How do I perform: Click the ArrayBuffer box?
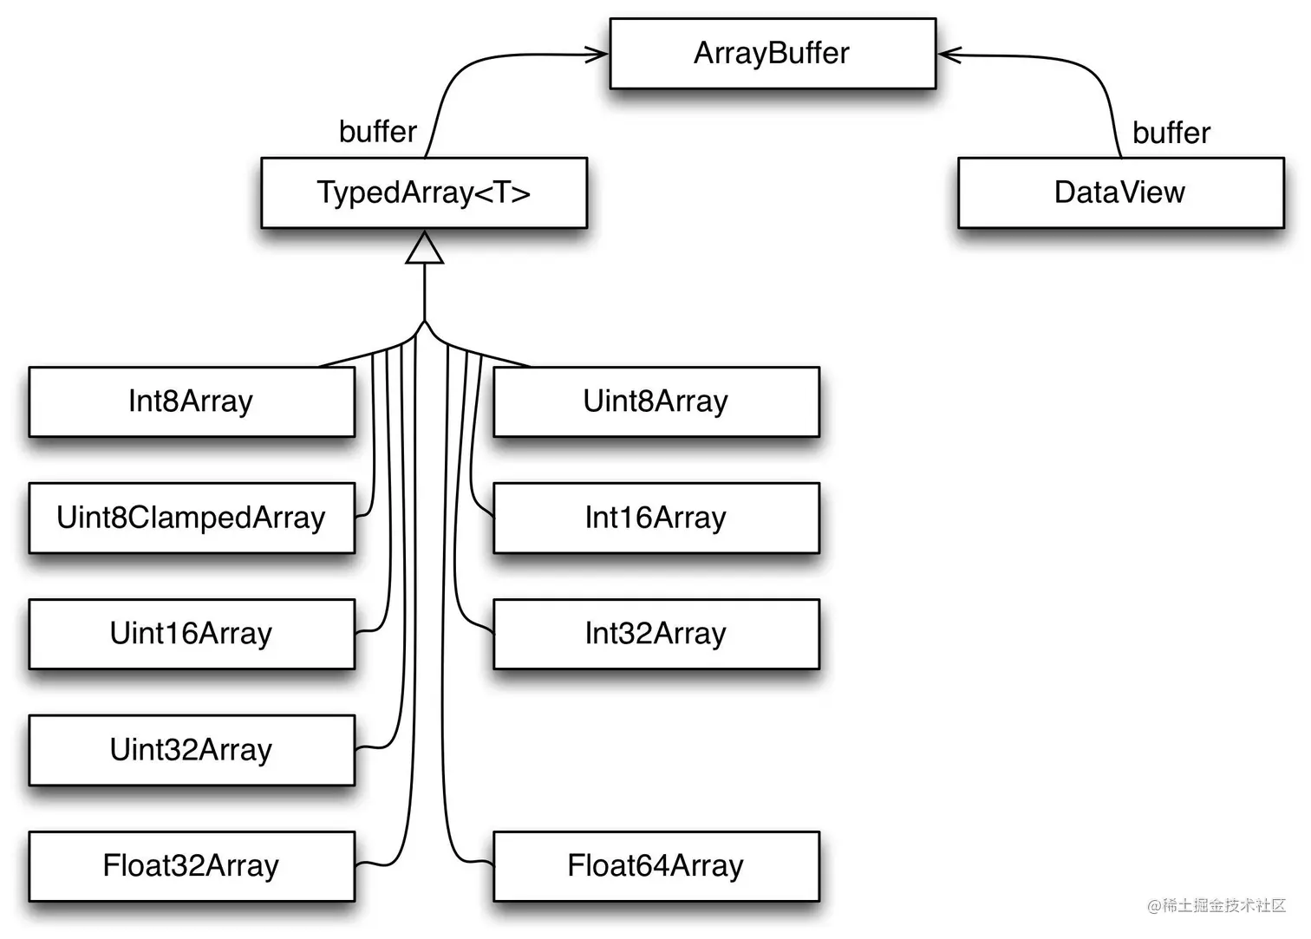pyautogui.click(x=773, y=54)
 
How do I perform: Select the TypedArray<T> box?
pyautogui.click(x=424, y=192)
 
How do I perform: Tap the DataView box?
pyautogui.click(x=1120, y=192)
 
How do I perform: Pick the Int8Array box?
pyautogui.click(x=192, y=401)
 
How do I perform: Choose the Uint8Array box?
pyautogui.click(x=656, y=401)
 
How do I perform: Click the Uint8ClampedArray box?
pyautogui.click(x=192, y=518)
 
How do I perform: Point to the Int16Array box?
pyautogui.click(x=656, y=518)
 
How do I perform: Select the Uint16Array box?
pyautogui.click(x=192, y=634)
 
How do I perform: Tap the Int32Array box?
pyautogui.click(x=656, y=634)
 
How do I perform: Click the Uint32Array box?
pyautogui.click(x=192, y=750)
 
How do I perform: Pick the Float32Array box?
pyautogui.click(x=192, y=866)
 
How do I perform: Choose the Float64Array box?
pyautogui.click(x=656, y=866)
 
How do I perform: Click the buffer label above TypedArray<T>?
pyautogui.click(x=378, y=132)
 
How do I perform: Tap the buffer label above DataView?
pyautogui.click(x=1171, y=133)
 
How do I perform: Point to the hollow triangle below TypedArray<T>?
pyautogui.click(x=424, y=249)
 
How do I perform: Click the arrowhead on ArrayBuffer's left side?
pyautogui.click(x=597, y=55)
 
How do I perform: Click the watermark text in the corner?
pyautogui.click(x=1216, y=906)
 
